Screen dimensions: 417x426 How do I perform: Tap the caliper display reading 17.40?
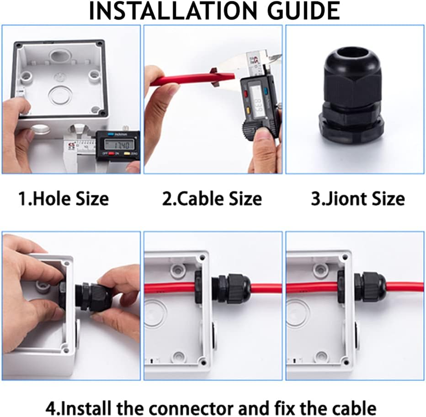point(118,146)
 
